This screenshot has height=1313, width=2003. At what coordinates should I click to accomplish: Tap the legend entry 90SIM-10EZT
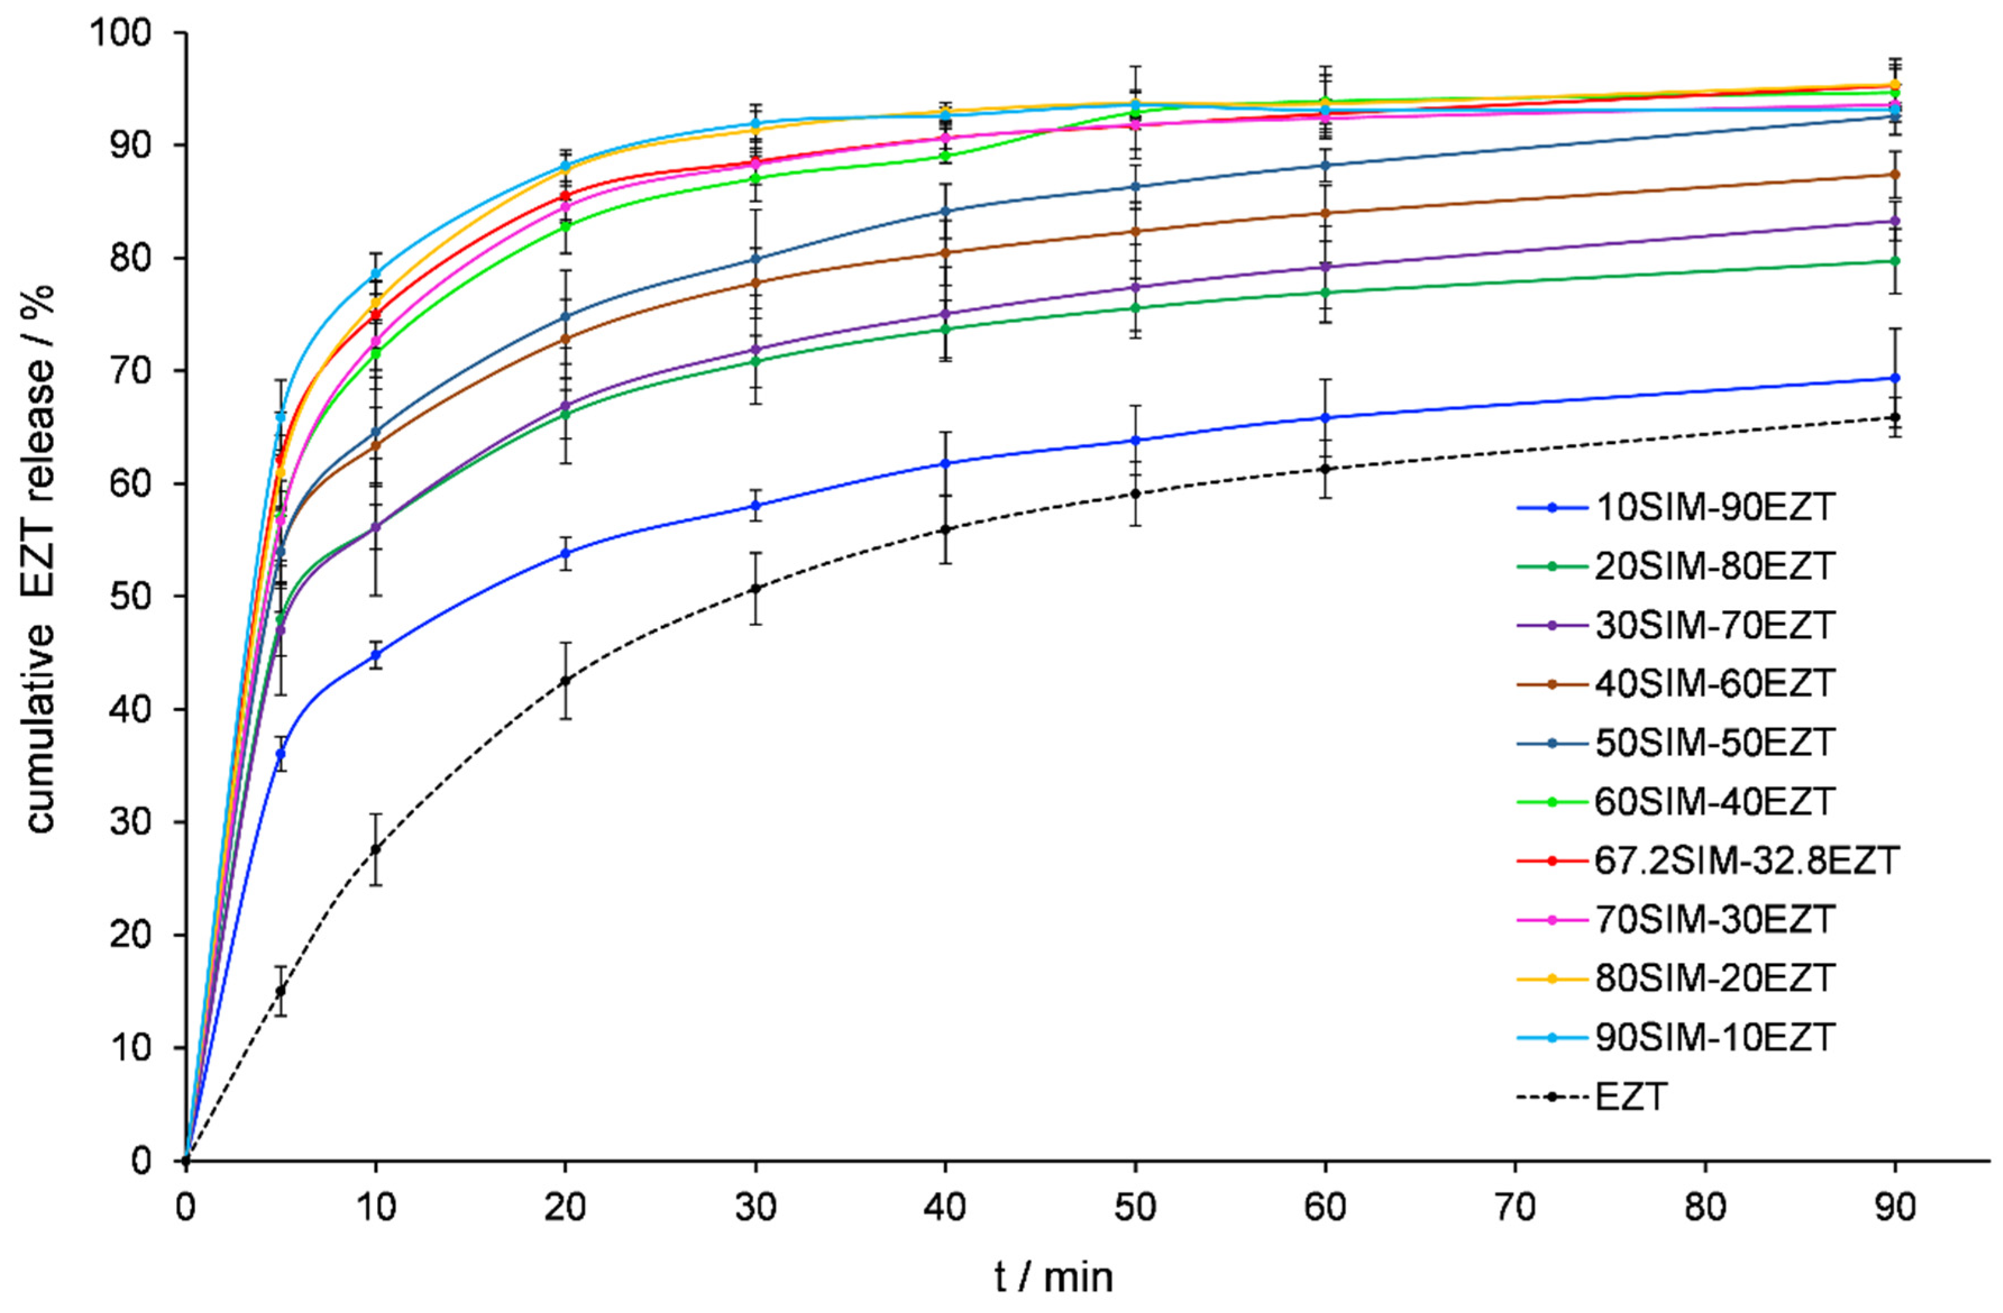tap(1713, 1037)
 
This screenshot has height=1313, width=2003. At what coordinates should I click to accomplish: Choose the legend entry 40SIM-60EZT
tap(1713, 683)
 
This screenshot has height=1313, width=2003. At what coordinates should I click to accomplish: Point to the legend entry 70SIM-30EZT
tap(1713, 919)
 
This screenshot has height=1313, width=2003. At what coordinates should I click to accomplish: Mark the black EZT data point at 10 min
tap(375, 850)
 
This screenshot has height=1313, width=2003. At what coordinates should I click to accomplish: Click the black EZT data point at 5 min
tap(280, 991)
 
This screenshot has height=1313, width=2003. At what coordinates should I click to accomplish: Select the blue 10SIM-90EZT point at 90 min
tap(1895, 378)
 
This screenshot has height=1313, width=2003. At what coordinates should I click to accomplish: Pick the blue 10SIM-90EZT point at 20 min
tap(566, 553)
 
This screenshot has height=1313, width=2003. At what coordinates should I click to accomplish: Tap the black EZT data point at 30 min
tap(755, 588)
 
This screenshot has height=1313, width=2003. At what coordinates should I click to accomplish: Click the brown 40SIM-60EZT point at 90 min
tap(1895, 174)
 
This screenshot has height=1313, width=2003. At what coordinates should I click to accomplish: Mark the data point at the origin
tap(186, 1161)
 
